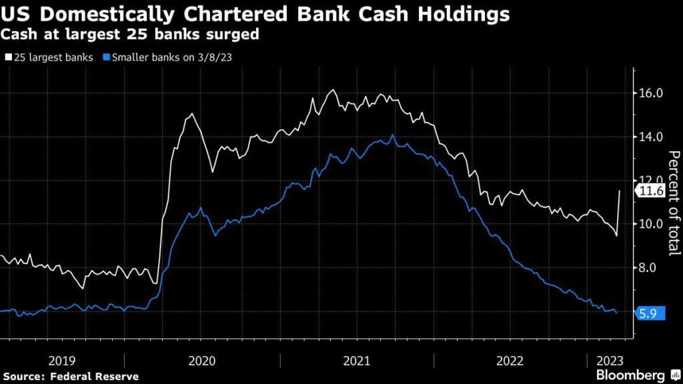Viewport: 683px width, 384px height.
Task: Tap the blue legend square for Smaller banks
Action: click(x=106, y=57)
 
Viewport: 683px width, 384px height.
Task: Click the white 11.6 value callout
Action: click(x=650, y=192)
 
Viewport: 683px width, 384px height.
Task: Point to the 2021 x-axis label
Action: click(x=357, y=361)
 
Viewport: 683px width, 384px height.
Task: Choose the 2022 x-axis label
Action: click(x=510, y=361)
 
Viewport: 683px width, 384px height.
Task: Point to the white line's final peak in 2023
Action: click(x=620, y=191)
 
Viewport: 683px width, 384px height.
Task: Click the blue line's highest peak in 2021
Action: click(x=392, y=135)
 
